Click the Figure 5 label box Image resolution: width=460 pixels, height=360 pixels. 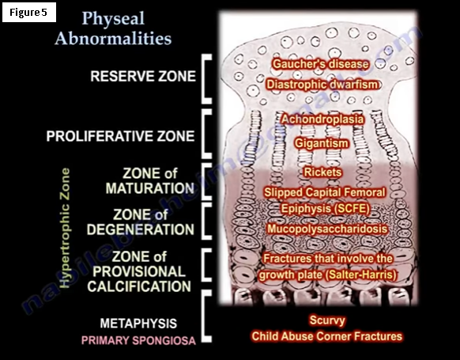[x=29, y=13]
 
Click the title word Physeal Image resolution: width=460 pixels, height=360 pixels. [x=113, y=19]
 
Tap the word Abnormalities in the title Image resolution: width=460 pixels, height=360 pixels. [x=113, y=39]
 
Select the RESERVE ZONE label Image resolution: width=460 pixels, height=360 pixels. [x=143, y=76]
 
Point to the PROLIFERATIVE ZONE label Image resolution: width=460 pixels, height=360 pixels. [x=120, y=136]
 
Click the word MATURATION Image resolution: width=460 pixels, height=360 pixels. [x=150, y=188]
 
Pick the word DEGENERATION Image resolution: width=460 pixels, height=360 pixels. [x=141, y=229]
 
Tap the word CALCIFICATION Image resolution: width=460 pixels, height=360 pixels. [x=139, y=286]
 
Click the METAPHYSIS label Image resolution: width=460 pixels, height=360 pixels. [x=138, y=324]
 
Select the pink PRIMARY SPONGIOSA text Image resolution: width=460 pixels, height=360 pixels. [x=138, y=341]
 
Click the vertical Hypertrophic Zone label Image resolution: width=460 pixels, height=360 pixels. [x=65, y=228]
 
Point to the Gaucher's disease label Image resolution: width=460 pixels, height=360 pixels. [x=320, y=64]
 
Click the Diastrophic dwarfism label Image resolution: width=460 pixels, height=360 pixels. [x=322, y=85]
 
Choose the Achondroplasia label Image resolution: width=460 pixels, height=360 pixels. [x=322, y=119]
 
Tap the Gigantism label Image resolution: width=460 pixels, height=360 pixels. [x=322, y=143]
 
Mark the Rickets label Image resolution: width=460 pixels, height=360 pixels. [x=322, y=172]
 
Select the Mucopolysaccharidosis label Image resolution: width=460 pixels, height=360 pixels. [x=327, y=229]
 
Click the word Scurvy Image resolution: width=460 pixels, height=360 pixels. [x=327, y=320]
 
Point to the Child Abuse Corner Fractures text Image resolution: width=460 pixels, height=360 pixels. [x=326, y=336]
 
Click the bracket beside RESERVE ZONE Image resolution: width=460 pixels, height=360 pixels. [x=204, y=78]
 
